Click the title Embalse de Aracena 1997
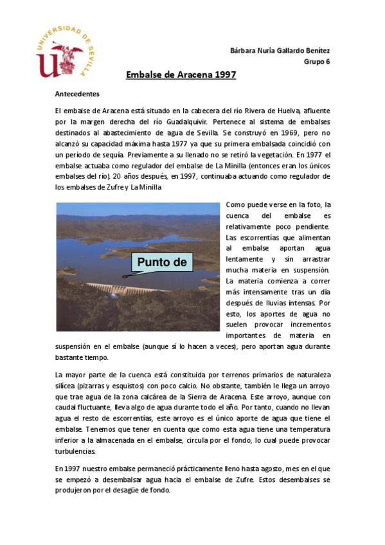[181, 75]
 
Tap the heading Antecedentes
[76, 93]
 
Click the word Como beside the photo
[237, 205]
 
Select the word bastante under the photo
[69, 357]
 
